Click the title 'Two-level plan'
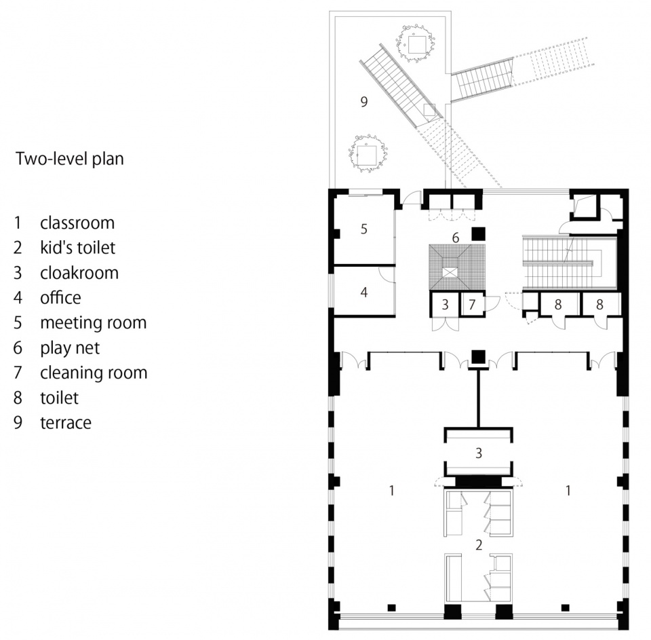coord(70,159)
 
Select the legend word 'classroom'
coord(77,223)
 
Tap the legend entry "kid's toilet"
coord(77,248)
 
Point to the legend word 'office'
coord(60,297)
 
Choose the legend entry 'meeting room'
coord(94,323)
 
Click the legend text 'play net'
coord(70,348)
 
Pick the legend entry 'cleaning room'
coord(94,373)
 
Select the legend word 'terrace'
coord(66,423)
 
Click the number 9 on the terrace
coord(364,101)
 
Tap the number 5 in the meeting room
coord(364,229)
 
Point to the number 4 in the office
coord(364,292)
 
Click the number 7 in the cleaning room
coord(472,305)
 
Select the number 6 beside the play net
coord(456,238)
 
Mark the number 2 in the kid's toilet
coord(479,545)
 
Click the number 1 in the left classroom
coord(391,491)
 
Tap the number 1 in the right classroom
coord(568,491)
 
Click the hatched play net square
coord(456,267)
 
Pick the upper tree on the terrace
coord(416,43)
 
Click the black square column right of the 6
coord(478,233)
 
